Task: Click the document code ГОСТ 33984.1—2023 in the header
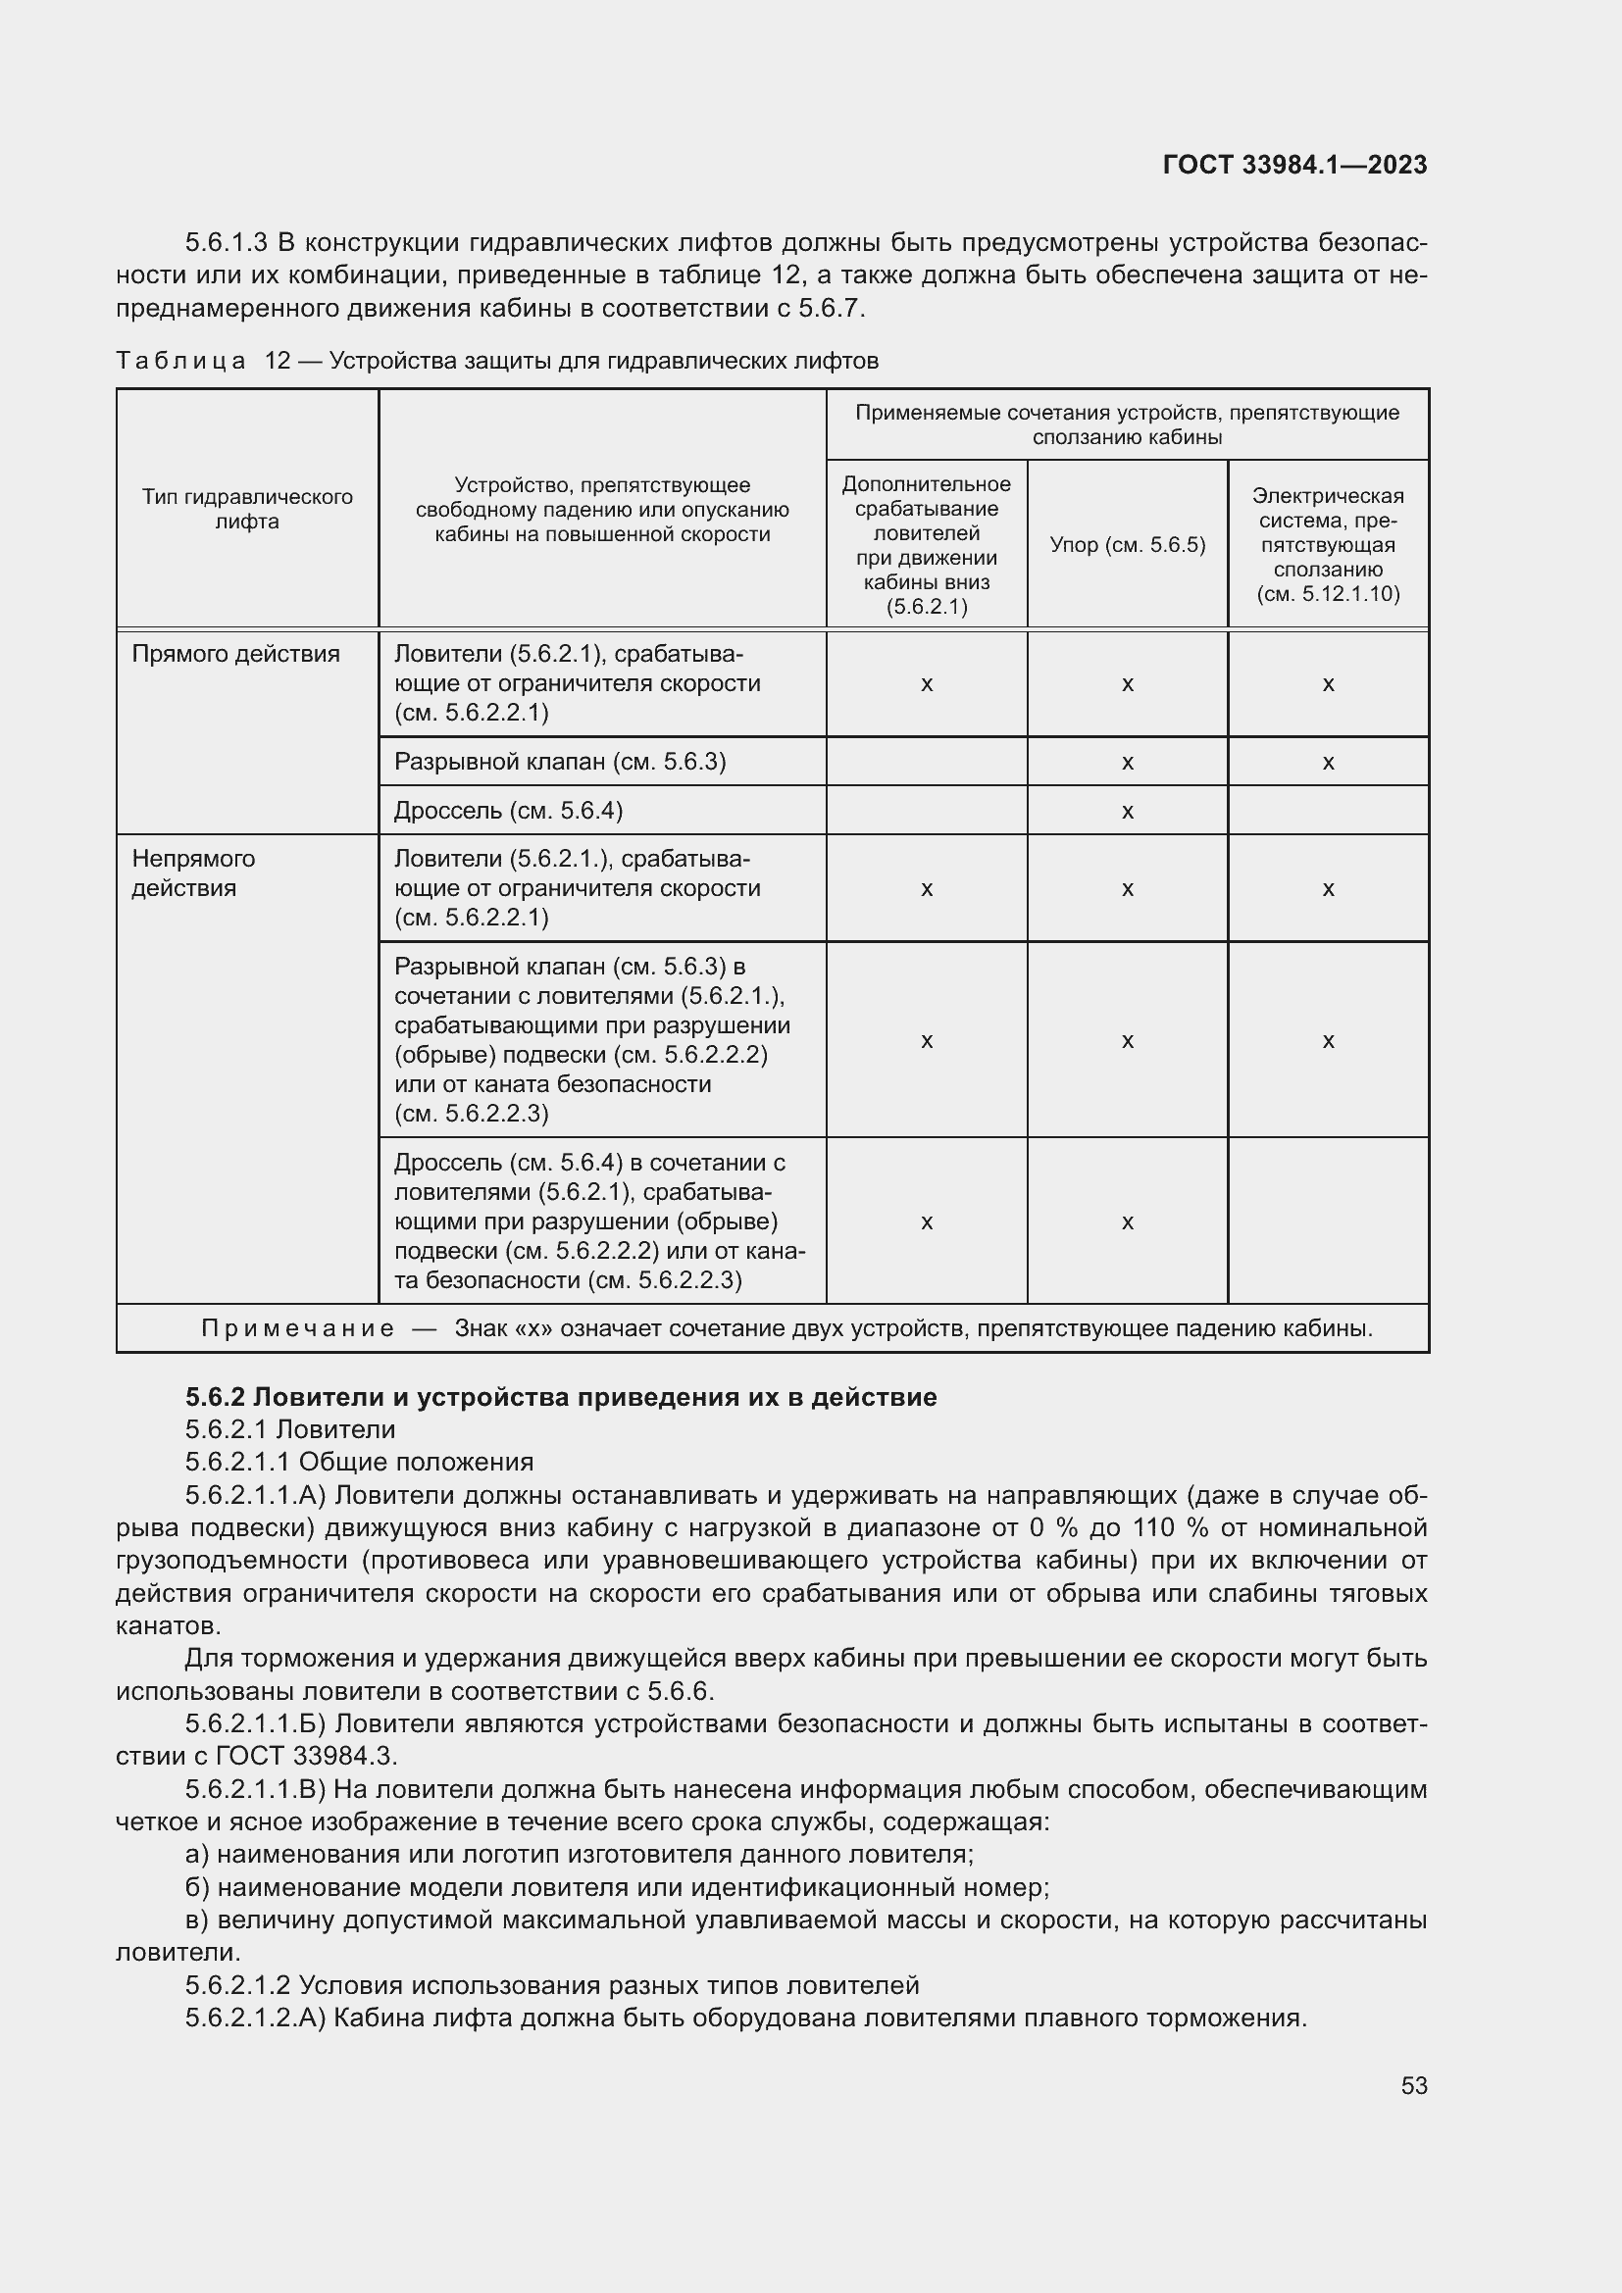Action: tap(1294, 165)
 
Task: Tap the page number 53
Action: tap(1413, 2085)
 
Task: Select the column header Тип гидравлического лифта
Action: tap(247, 510)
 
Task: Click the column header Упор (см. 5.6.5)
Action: tap(1127, 545)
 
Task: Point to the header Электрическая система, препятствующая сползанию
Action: tap(1328, 544)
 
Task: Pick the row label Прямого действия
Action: tap(235, 654)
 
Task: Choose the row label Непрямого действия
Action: tap(194, 872)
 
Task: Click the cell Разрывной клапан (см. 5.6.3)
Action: tap(559, 762)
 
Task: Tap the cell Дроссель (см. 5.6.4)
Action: tap(507, 811)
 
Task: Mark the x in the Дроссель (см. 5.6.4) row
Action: tap(1127, 812)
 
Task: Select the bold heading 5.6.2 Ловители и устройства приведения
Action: tap(560, 1396)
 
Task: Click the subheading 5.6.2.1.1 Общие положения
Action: tap(359, 1462)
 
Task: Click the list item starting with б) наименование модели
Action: tap(616, 1887)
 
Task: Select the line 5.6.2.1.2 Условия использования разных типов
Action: tap(551, 1985)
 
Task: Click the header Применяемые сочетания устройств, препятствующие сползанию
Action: tap(1127, 424)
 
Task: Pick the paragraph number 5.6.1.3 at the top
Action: tap(226, 243)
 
